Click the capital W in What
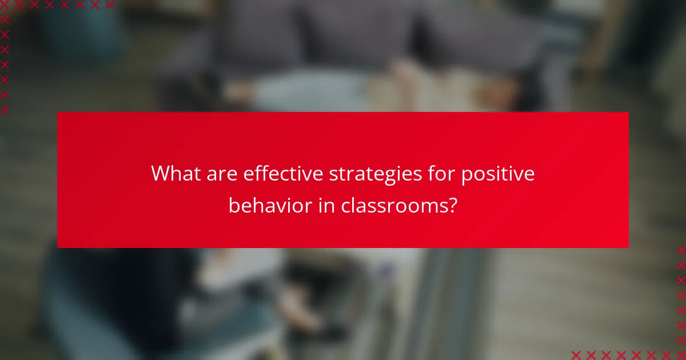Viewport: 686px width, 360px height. click(161, 174)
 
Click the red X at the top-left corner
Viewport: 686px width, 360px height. click(5, 5)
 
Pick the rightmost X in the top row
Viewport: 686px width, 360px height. click(110, 5)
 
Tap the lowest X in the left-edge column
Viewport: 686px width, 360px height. click(5, 110)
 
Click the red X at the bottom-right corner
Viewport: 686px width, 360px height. click(681, 355)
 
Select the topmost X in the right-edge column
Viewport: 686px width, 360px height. click(681, 250)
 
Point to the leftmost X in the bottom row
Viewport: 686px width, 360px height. click(576, 355)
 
